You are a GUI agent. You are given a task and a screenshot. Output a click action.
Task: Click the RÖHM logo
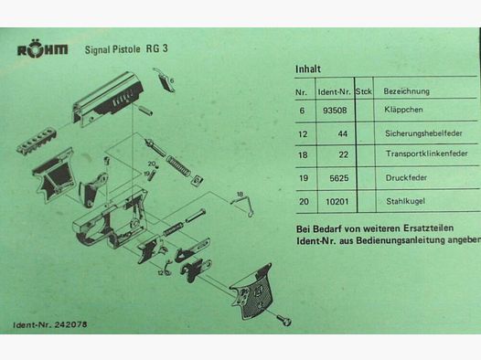pyautogui.click(x=42, y=51)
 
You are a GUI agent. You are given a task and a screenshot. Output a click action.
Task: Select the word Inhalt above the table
pyautogui.click(x=308, y=69)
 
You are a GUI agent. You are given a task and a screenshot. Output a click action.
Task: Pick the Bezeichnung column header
pyautogui.click(x=406, y=91)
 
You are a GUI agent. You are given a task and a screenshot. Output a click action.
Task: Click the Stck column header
pyautogui.click(x=363, y=91)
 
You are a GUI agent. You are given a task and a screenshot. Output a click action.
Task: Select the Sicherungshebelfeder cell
pyautogui.click(x=422, y=133)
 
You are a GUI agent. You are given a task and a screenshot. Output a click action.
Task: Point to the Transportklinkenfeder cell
pyautogui.click(x=425, y=156)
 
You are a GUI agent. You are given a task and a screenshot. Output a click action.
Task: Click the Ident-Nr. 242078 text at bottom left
pyautogui.click(x=51, y=325)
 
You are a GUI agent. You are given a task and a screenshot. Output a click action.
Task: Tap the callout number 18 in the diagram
pyautogui.click(x=240, y=195)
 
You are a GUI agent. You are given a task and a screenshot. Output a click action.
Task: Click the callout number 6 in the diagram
pyautogui.click(x=172, y=80)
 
